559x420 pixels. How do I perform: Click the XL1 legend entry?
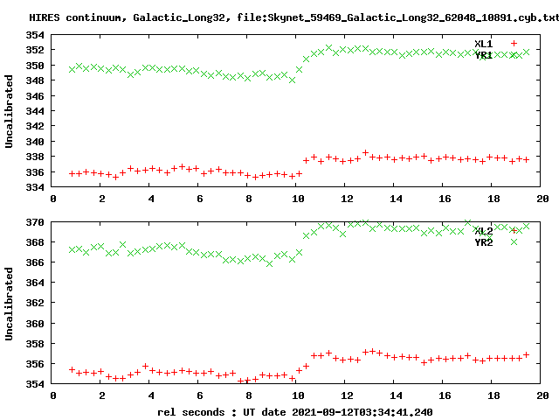(484, 43)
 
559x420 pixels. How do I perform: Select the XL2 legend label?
(484, 231)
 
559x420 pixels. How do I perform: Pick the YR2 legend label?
(484, 241)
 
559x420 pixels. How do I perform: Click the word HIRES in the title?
(45, 17)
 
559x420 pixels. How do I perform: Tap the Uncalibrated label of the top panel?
(10, 111)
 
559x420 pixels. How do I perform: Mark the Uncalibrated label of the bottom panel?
(10, 303)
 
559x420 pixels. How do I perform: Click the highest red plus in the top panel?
(365, 152)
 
